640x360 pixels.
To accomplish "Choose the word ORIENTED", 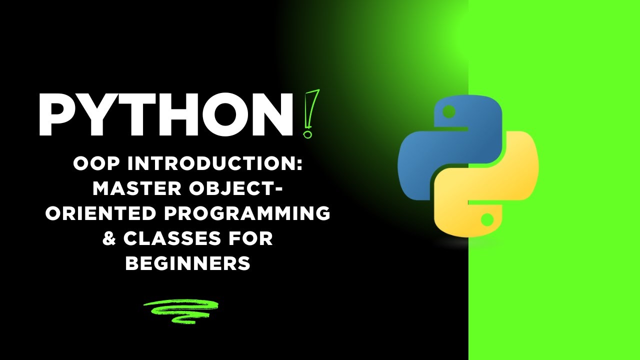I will click(x=100, y=213).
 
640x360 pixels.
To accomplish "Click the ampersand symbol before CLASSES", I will click(x=108, y=238).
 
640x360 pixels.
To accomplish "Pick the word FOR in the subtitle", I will click(x=252, y=238).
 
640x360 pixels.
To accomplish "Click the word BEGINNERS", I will click(x=187, y=263).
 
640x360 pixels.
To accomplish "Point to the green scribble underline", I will click(x=180, y=310).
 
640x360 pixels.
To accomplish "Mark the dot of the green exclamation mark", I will click(x=307, y=133).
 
